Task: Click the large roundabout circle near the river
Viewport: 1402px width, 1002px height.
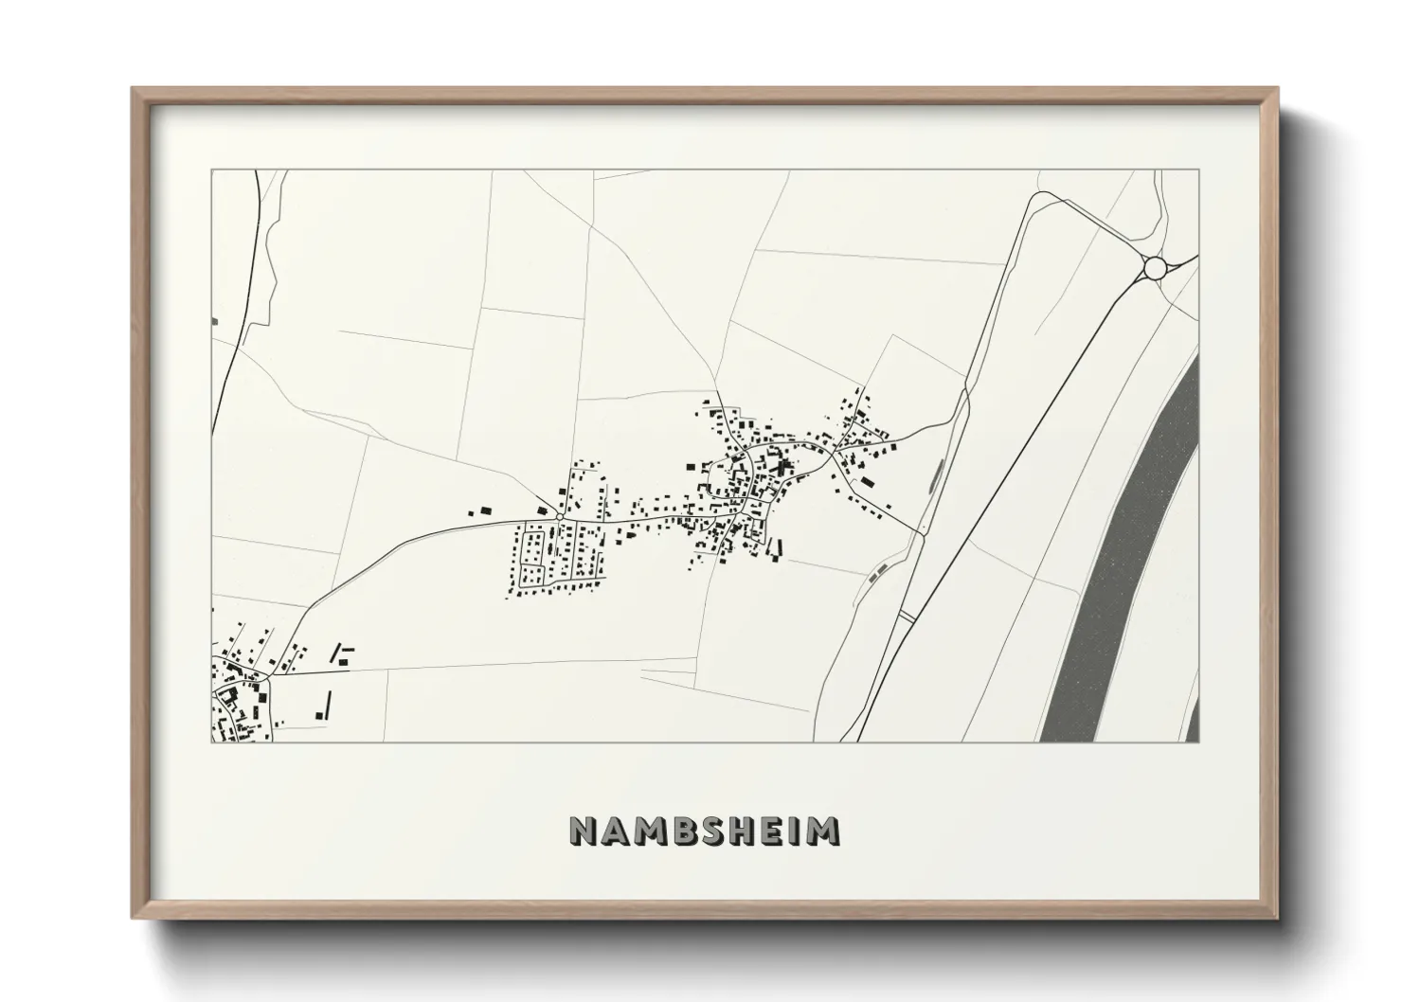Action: (x=1154, y=269)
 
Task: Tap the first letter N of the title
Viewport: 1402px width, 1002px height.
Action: (x=584, y=831)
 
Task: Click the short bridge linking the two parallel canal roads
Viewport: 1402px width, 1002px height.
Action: (x=907, y=617)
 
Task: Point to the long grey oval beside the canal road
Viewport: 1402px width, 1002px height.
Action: (x=937, y=473)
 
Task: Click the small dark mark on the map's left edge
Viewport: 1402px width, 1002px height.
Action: (x=215, y=322)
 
